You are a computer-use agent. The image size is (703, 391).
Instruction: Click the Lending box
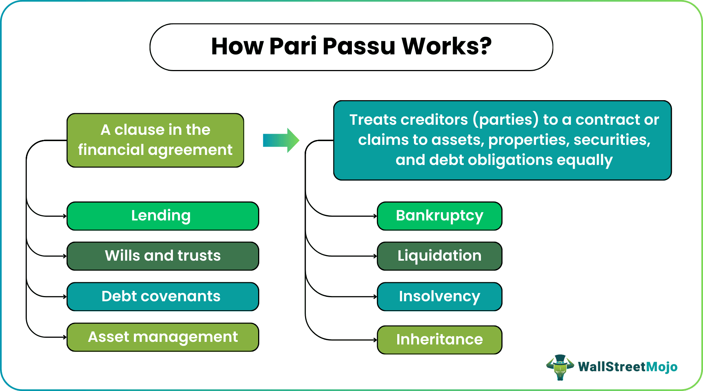click(163, 216)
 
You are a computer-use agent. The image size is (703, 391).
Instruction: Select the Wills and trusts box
click(163, 256)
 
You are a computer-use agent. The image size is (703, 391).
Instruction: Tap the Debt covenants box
click(163, 297)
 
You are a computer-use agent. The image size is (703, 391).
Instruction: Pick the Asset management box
click(163, 337)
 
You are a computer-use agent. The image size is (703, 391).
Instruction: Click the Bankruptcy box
click(440, 216)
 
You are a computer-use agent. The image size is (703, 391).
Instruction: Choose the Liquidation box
click(440, 256)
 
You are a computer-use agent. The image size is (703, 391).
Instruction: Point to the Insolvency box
click(440, 297)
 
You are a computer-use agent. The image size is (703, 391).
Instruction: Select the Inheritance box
click(440, 340)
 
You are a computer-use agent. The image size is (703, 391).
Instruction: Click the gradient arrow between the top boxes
click(281, 140)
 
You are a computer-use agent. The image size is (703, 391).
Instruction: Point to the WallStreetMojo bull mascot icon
click(560, 367)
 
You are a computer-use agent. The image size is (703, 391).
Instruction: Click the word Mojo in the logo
click(662, 367)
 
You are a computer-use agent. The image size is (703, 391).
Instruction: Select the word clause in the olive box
click(139, 130)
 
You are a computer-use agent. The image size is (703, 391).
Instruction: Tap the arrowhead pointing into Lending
click(65, 216)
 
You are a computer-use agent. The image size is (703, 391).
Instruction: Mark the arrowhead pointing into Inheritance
click(375, 340)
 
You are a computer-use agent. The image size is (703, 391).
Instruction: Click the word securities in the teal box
click(612, 140)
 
